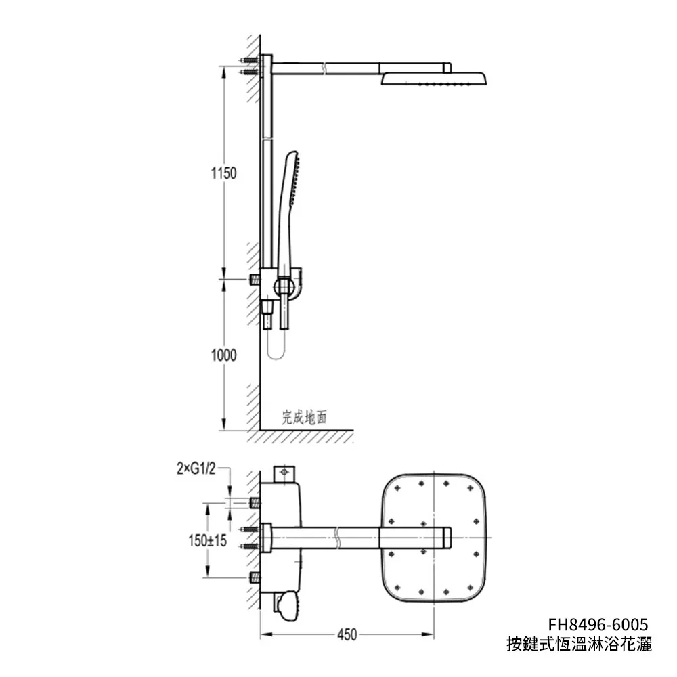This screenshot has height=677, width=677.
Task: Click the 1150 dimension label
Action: pos(223,173)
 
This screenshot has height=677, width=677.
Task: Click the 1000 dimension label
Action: pos(223,355)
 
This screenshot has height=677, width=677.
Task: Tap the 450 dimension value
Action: pos(347,635)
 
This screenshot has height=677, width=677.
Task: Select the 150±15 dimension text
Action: pos(207,540)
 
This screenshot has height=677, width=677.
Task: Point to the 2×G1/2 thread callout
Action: pos(196,468)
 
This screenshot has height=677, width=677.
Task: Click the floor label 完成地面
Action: pos(305,418)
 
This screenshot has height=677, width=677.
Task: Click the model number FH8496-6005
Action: pos(598,624)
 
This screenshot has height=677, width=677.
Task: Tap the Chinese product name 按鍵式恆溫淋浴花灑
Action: pos(579,645)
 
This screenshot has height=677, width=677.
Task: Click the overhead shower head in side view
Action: pos(434,79)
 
